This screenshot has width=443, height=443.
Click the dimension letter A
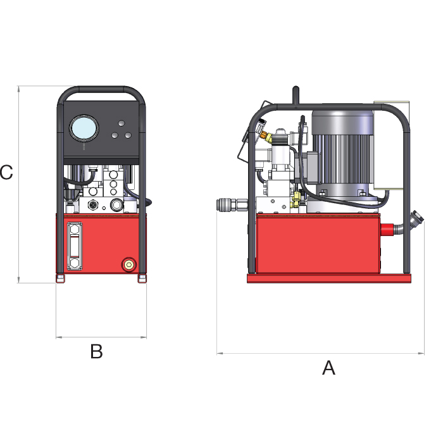pyautogui.click(x=328, y=367)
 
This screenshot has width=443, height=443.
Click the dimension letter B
pyautogui.click(x=96, y=351)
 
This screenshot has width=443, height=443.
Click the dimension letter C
pyautogui.click(x=6, y=172)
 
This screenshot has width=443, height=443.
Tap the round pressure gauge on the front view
pyautogui.click(x=84, y=128)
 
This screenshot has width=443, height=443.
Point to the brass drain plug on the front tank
pyautogui.click(x=129, y=263)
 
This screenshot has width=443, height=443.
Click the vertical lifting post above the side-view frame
pyautogui.click(x=295, y=96)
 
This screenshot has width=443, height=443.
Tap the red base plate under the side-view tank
pyautogui.click(x=329, y=278)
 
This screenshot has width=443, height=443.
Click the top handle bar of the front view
pyautogui.click(x=101, y=89)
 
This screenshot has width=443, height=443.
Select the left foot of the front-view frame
pyautogui.click(x=61, y=278)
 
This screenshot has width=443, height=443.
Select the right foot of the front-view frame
pyautogui.click(x=142, y=278)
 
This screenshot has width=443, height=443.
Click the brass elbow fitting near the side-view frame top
pyautogui.click(x=270, y=135)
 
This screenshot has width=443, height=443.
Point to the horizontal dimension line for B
pyautogui.click(x=101, y=337)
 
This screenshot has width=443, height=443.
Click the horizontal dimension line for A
pyautogui.click(x=320, y=353)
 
